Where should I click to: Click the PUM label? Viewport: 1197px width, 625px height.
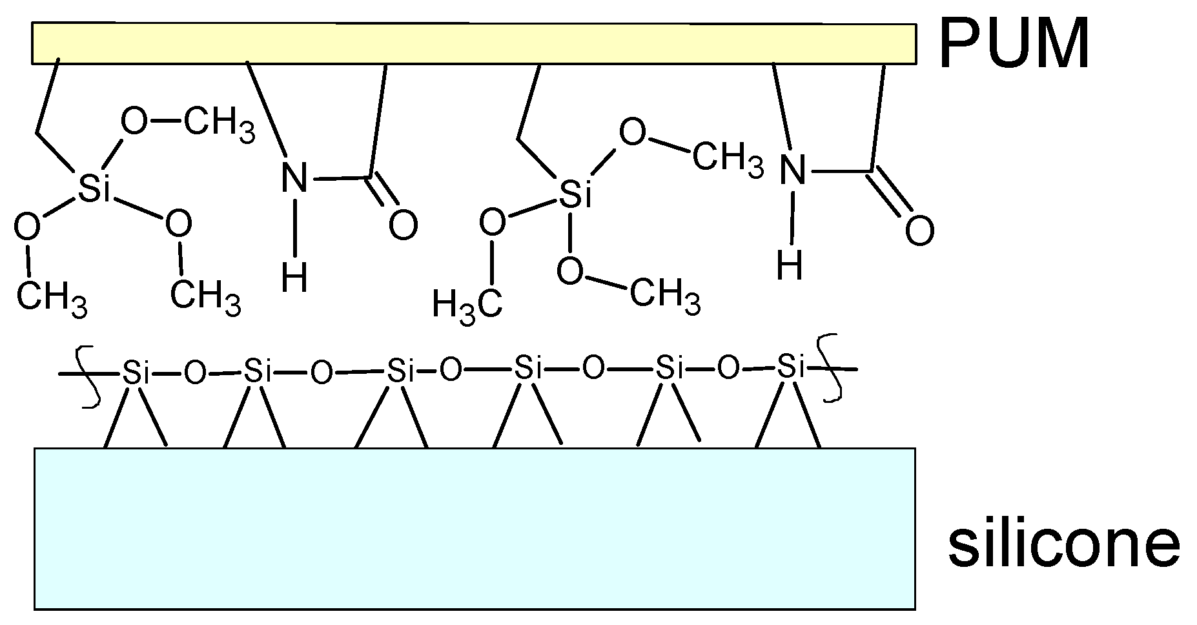pos(1013,43)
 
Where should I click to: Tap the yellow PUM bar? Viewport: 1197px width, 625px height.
pos(474,44)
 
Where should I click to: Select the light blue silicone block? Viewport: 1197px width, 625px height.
pos(475,528)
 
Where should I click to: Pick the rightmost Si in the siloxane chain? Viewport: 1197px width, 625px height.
pos(791,366)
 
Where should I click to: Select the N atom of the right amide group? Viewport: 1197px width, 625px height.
pos(793,169)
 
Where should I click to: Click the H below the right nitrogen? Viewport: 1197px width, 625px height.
pos(790,265)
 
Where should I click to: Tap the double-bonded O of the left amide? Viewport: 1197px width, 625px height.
pos(403,225)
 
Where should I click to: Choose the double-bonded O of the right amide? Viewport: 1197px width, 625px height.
pos(919,230)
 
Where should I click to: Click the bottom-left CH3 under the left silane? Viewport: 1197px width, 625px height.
pos(51,299)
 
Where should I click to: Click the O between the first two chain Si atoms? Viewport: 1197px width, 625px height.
pos(195,373)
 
